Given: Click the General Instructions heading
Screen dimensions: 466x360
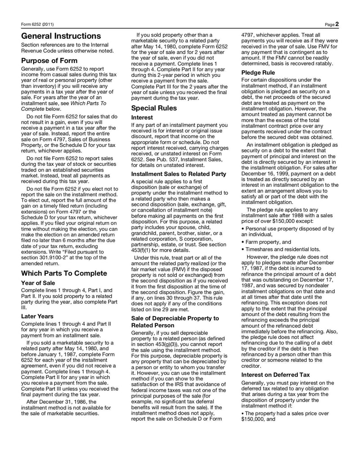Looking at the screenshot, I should (61, 36).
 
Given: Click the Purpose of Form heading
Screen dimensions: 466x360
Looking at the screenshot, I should (49, 61).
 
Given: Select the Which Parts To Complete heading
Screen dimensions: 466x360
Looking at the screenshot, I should (64, 273).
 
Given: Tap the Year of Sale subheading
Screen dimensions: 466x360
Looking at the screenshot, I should (38, 283).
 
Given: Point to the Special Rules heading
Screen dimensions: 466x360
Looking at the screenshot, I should (154, 108).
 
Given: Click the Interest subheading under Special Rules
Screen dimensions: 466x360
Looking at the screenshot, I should (142, 118).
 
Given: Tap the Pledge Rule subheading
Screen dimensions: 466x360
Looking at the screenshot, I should (258, 72).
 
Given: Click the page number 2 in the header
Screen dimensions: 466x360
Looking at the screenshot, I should (337, 24).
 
